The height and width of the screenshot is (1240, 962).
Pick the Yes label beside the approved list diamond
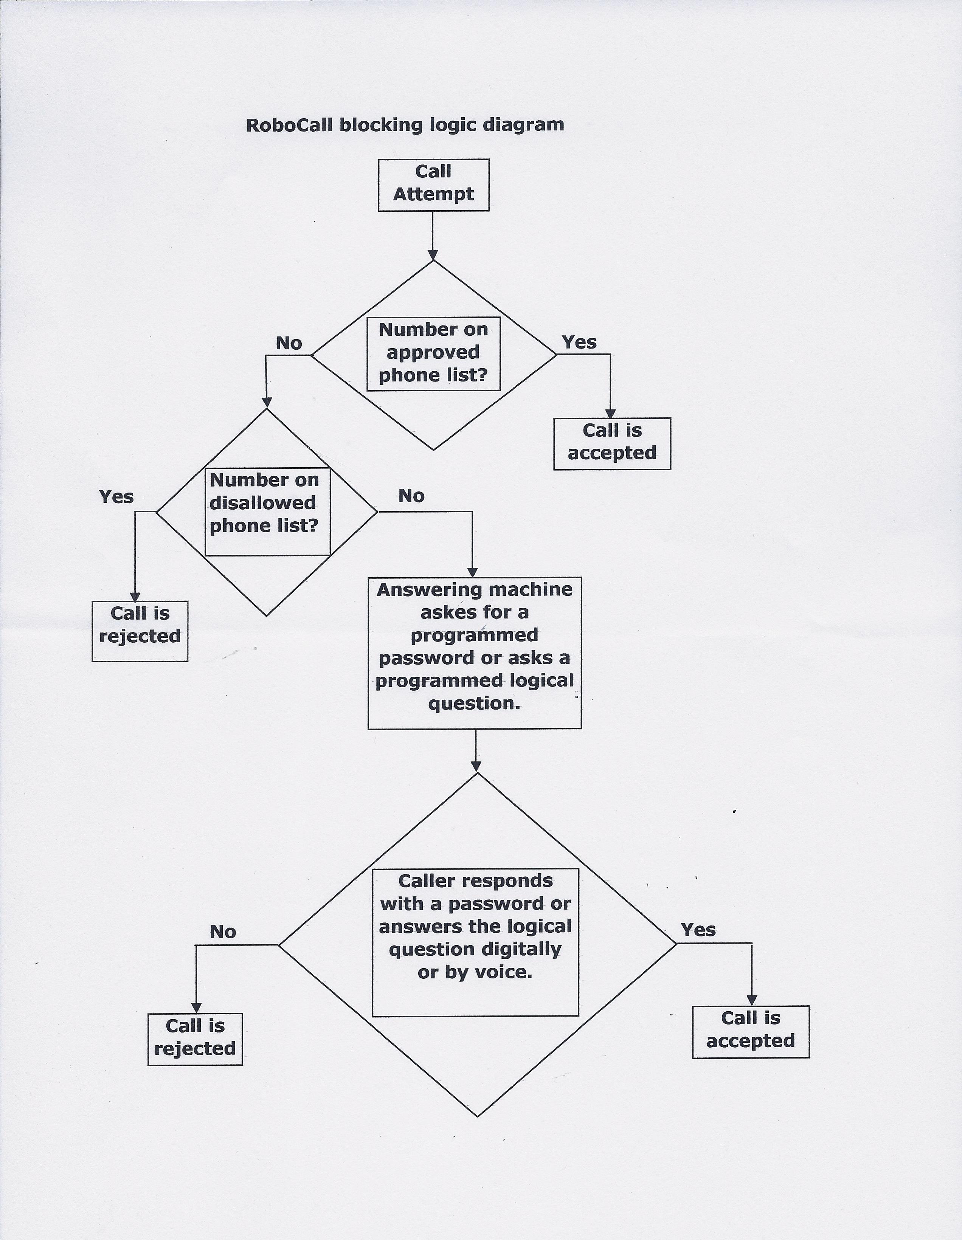pos(579,343)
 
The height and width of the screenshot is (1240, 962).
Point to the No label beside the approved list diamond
pos(289,344)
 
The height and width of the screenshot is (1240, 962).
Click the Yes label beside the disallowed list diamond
pos(116,497)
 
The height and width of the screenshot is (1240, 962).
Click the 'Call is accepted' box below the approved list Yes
pos(611,443)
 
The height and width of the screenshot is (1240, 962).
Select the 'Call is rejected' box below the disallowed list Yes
pos(140,631)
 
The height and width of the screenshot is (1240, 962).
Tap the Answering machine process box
pos(474,653)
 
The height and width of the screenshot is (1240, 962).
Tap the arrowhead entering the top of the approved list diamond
pos(433,254)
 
